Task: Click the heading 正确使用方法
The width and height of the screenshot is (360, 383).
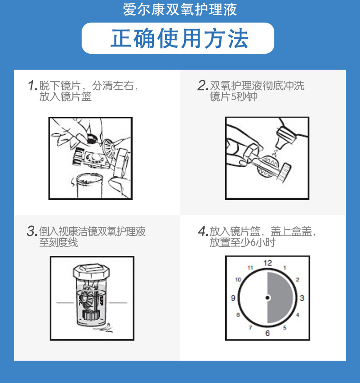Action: coord(180,38)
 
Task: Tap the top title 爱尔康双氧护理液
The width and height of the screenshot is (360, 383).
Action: coord(180,10)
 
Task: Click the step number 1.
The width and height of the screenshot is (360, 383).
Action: coord(33,86)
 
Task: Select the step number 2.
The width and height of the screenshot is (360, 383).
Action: coord(203,86)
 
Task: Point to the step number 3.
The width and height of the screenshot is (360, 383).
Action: coord(32,231)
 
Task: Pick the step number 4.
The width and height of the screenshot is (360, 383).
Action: coord(203,231)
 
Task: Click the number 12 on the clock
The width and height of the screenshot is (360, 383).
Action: coord(267,263)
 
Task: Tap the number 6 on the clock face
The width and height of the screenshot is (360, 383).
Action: coord(267,333)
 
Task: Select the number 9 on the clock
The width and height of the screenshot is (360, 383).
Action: coord(233,298)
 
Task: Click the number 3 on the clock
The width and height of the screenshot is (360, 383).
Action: coord(302,298)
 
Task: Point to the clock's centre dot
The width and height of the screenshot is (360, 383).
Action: coord(267,297)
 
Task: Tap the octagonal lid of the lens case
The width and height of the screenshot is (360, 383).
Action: coord(91,271)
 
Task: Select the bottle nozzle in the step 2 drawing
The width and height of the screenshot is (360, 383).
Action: coord(285,137)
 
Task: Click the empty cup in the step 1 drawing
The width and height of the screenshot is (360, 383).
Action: coord(89,186)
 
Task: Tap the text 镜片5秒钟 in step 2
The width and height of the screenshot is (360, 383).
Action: coord(234,97)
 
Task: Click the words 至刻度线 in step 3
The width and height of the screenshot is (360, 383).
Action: coord(58,242)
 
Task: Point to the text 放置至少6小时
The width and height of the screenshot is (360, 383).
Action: coord(242,242)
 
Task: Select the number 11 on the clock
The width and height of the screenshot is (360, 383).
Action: coord(250,268)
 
